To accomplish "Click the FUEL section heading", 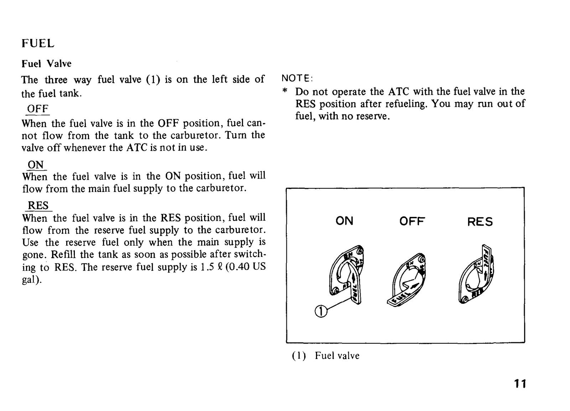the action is (38, 43).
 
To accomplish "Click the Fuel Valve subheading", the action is (47, 64).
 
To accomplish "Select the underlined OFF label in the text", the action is (38, 109).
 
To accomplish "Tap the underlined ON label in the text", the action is (36, 165).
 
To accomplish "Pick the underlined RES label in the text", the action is (38, 205).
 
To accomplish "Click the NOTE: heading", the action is (297, 78).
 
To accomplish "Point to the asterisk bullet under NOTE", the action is (285, 91).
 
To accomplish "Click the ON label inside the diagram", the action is (344, 221).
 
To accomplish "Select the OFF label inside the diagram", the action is (412, 221).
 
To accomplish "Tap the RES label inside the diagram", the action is (480, 222).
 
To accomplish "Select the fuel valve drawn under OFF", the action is (406, 280).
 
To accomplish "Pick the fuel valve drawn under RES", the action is (476, 274).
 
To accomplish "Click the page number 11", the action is (520, 384).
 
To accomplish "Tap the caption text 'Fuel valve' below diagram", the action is (337, 355).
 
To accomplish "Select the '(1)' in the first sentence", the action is (153, 79).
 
